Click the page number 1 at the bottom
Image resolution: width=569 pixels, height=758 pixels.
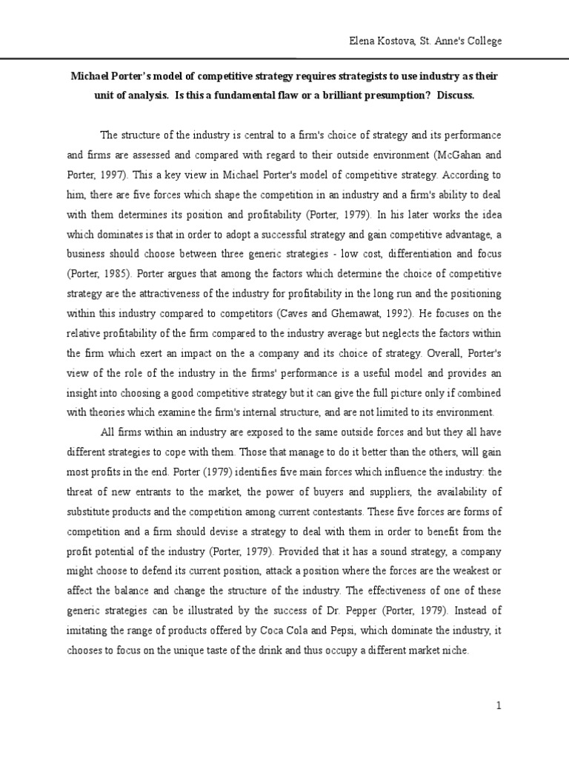[x=499, y=706]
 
